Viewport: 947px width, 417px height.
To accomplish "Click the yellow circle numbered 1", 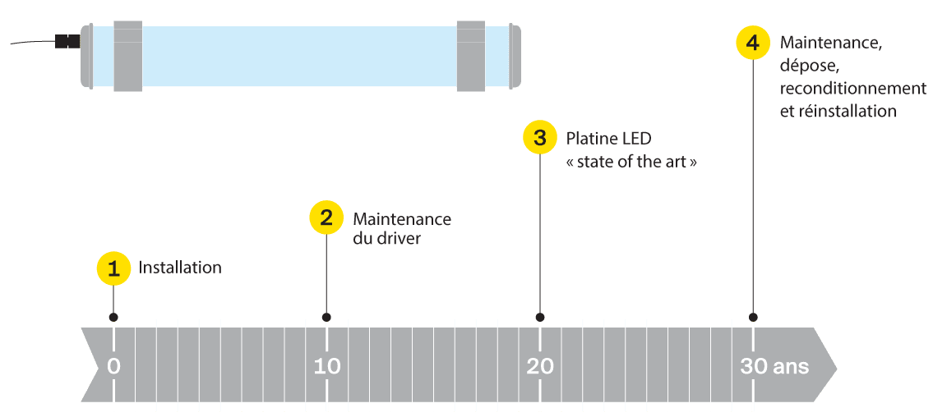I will point(113,268).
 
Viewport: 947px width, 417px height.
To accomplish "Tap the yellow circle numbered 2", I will point(326,218).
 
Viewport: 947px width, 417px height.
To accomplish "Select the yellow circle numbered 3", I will point(539,137).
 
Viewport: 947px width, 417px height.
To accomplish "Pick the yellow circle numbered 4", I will point(752,42).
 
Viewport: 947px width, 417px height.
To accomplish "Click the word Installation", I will point(180,268).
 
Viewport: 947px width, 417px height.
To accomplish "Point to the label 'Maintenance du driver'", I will point(401,229).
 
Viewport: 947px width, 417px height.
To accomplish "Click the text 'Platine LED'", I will point(608,137).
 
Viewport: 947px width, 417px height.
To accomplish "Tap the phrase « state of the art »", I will point(631,162).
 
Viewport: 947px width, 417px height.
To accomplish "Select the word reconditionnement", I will point(852,88).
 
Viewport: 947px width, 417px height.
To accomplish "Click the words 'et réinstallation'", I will point(837,111).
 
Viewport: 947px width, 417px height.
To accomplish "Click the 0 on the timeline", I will point(113,366).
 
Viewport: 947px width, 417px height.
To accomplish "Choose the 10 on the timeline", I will point(326,366).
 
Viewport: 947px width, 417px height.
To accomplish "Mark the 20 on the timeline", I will point(539,366).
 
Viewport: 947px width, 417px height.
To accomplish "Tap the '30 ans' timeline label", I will point(774,366).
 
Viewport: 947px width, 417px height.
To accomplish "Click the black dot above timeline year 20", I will point(539,317).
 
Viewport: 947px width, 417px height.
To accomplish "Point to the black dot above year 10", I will point(326,317).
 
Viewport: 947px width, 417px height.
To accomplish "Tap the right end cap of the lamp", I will point(514,56).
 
